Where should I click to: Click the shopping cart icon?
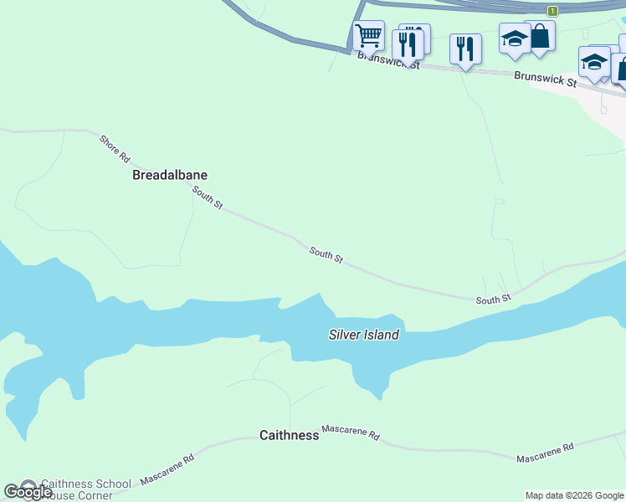368,37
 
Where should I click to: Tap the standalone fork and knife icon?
464,49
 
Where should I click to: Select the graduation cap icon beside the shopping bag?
514,39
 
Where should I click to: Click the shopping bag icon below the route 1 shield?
540,37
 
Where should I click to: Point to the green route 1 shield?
552,11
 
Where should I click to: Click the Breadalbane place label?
170,176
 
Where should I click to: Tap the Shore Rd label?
115,148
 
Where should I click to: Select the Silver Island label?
362,335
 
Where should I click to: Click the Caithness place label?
289,435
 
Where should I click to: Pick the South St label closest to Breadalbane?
208,198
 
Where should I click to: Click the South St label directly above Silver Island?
326,255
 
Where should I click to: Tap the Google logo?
27,492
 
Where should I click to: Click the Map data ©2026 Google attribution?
574,495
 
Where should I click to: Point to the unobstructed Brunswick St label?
546,79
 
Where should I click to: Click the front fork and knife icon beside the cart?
407,45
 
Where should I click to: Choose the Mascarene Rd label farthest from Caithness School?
545,453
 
